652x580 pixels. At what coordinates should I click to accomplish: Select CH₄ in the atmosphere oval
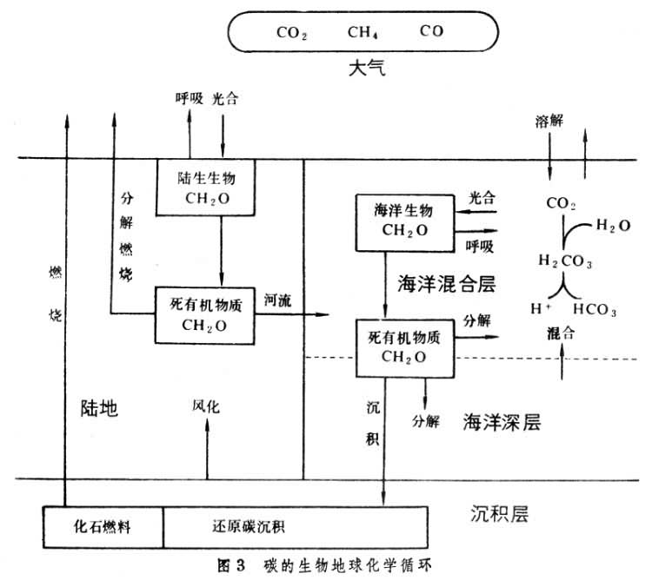point(361,34)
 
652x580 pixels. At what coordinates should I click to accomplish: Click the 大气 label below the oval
point(362,68)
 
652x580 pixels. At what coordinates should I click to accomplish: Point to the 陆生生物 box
point(205,187)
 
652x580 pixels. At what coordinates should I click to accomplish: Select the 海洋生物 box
point(403,221)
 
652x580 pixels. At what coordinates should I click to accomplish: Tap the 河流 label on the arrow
point(277,300)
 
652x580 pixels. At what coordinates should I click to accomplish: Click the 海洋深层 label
point(502,422)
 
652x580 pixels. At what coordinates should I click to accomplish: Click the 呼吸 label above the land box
point(189,98)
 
